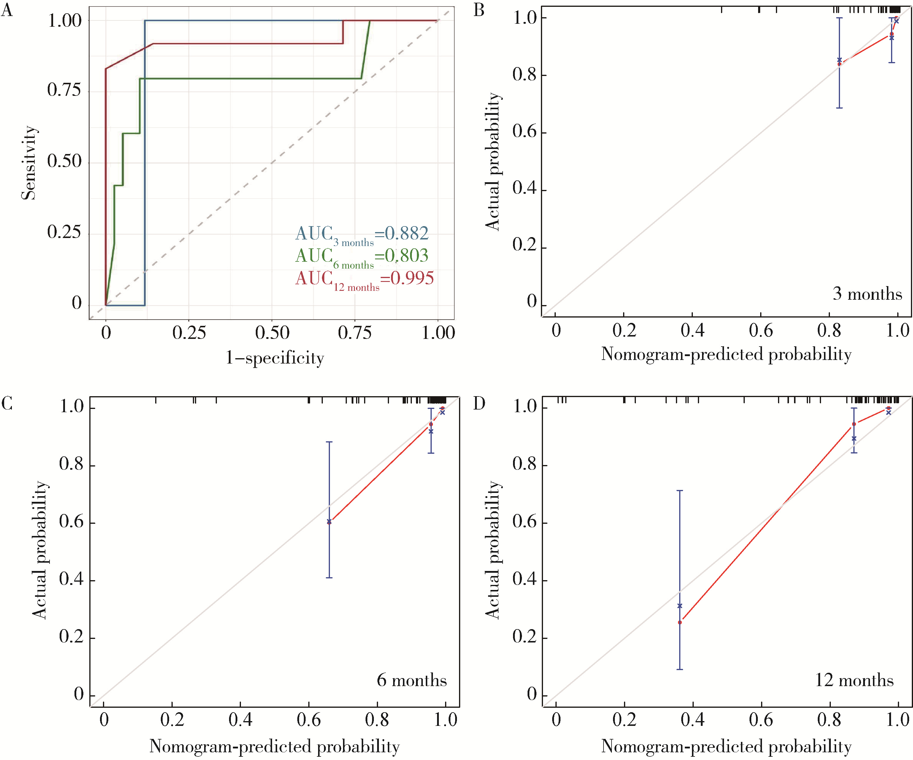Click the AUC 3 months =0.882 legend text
(x=362, y=235)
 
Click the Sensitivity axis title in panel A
(x=29, y=163)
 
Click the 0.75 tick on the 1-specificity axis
(x=355, y=333)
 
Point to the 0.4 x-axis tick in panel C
(x=240, y=720)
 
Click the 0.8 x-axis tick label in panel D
(x=829, y=720)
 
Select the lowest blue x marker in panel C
(x=329, y=521)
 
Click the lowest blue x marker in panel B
(x=839, y=60)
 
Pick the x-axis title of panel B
(x=726, y=354)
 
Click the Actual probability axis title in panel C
(x=40, y=550)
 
